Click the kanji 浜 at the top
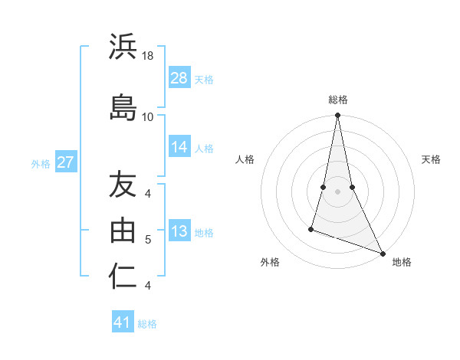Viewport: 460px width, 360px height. [x=123, y=49]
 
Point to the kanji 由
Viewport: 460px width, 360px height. [x=123, y=229]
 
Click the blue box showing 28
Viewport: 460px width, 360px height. [x=179, y=78]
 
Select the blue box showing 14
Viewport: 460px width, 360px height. [x=179, y=148]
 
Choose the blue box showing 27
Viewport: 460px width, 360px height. [x=66, y=162]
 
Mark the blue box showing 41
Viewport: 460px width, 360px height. [x=123, y=323]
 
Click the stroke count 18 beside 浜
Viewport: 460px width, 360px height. [x=148, y=57]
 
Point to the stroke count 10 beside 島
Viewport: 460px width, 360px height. [x=148, y=116]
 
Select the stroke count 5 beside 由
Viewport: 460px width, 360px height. [x=148, y=240]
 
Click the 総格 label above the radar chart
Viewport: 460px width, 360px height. [x=337, y=100]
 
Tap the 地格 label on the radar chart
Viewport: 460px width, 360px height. [x=402, y=263]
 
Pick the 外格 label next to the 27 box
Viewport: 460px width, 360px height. [x=41, y=163]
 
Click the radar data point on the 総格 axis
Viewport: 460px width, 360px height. [x=337, y=116]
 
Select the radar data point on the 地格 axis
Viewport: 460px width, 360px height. [x=382, y=253]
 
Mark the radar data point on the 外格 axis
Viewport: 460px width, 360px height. [x=311, y=228]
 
